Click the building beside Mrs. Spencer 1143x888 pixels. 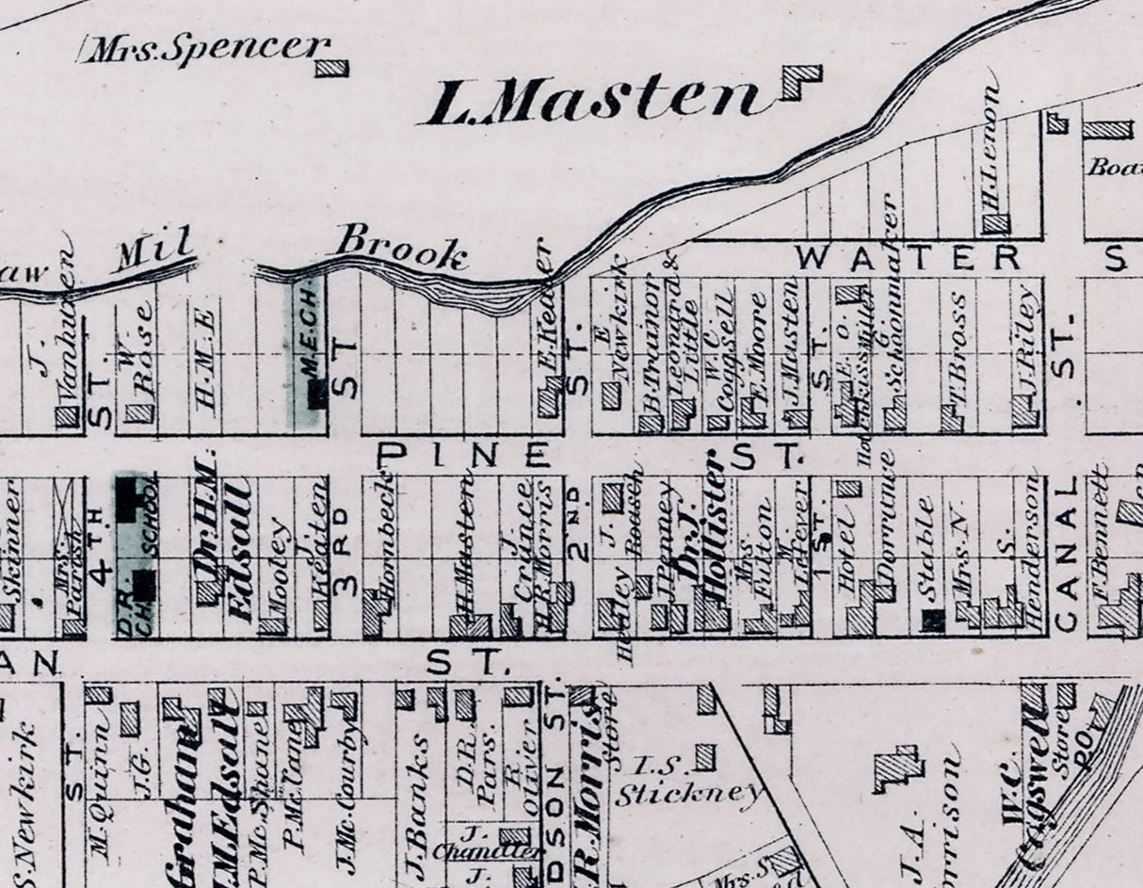point(331,68)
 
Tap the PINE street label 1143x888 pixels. point(465,456)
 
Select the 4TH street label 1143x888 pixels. point(101,557)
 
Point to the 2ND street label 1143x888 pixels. point(580,535)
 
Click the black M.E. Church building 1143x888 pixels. point(317,393)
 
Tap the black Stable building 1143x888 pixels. point(932,620)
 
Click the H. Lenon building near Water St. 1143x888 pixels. point(995,224)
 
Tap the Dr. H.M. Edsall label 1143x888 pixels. point(223,541)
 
